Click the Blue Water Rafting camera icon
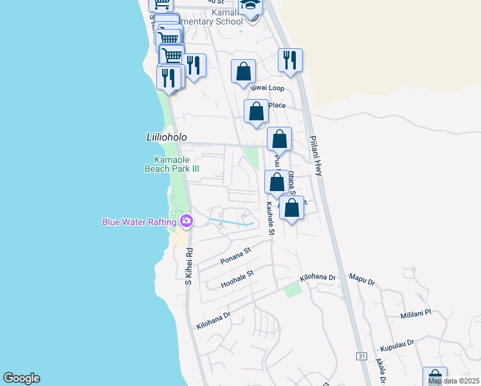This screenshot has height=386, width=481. coord(186,221)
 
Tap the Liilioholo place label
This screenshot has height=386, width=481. coord(166,137)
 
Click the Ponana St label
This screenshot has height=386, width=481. coord(235,255)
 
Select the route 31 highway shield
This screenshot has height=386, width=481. coord(361,356)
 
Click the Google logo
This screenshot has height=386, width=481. coord(21,378)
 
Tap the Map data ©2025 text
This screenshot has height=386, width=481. coord(453,381)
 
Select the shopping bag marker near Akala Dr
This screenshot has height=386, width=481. coord(435,377)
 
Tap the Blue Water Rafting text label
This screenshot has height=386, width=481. coord(139,222)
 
